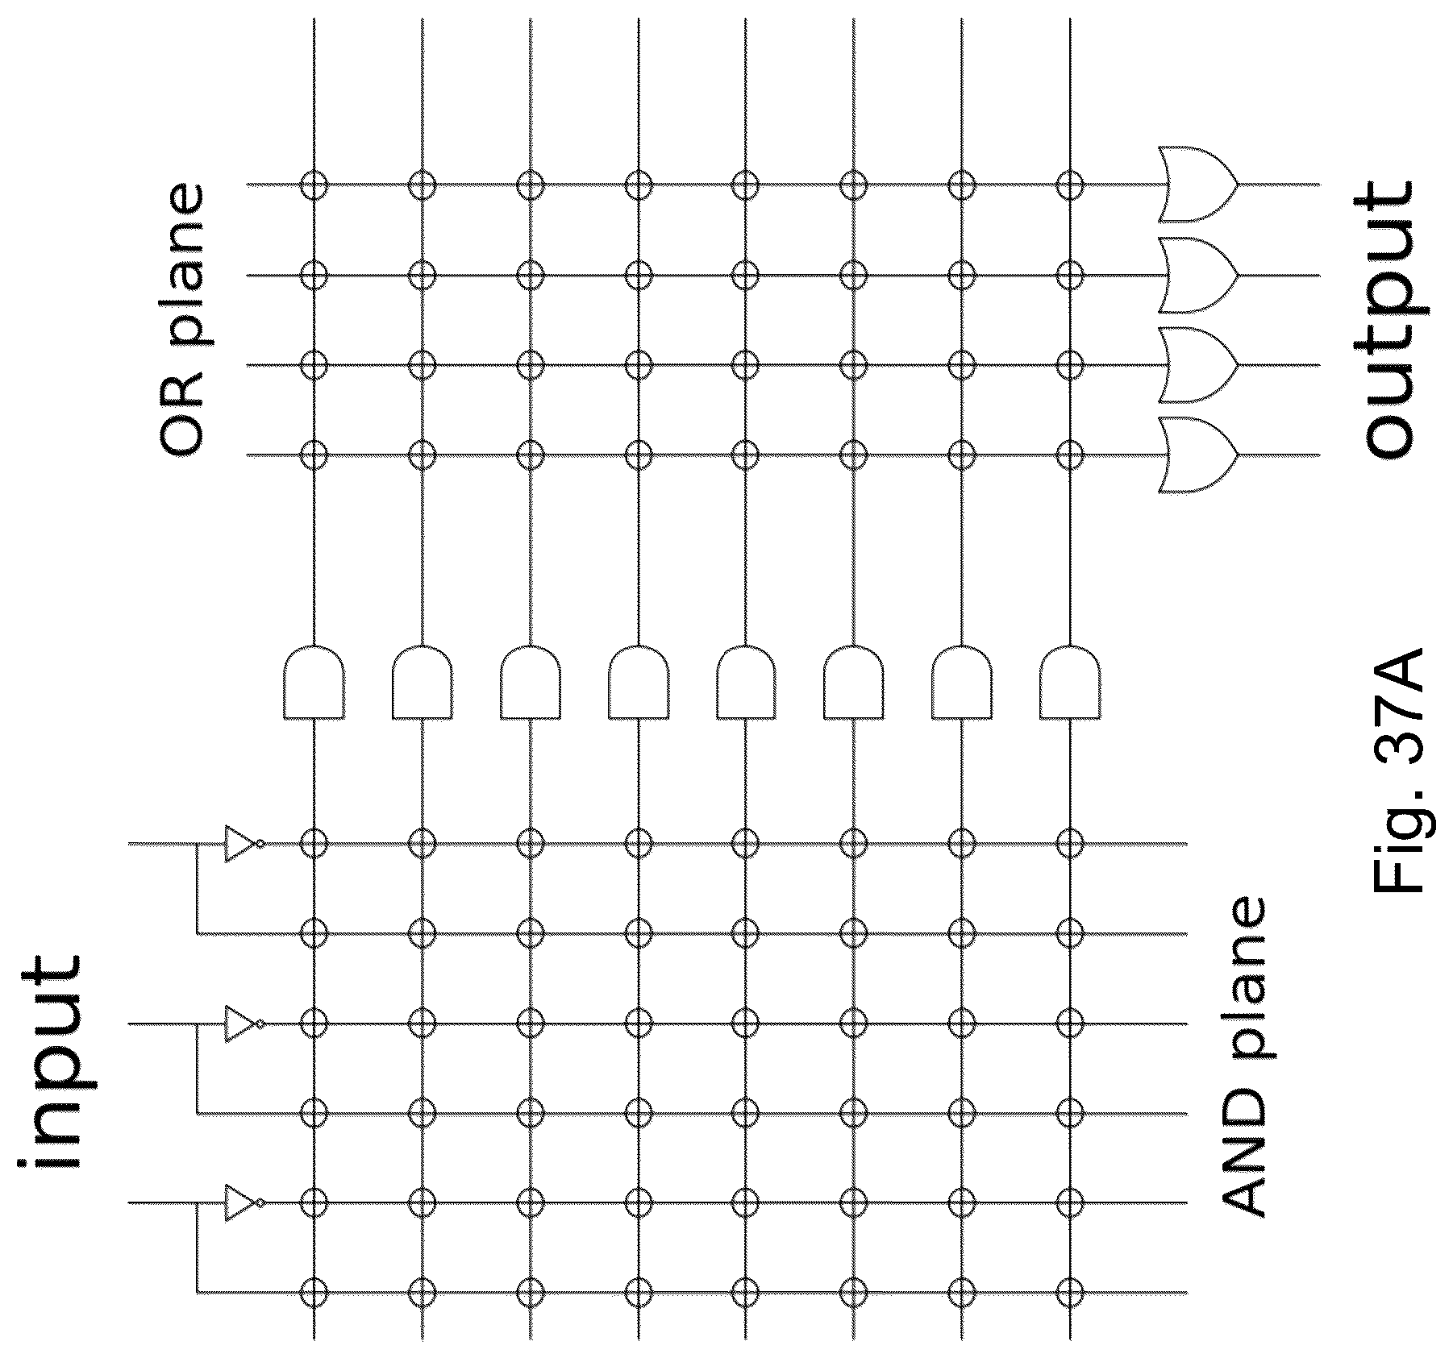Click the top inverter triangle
(240, 844)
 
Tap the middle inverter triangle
(240, 1024)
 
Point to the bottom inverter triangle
(240, 1204)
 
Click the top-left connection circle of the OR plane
(314, 185)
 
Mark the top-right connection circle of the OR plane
(1070, 185)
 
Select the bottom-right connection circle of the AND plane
(1070, 1294)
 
